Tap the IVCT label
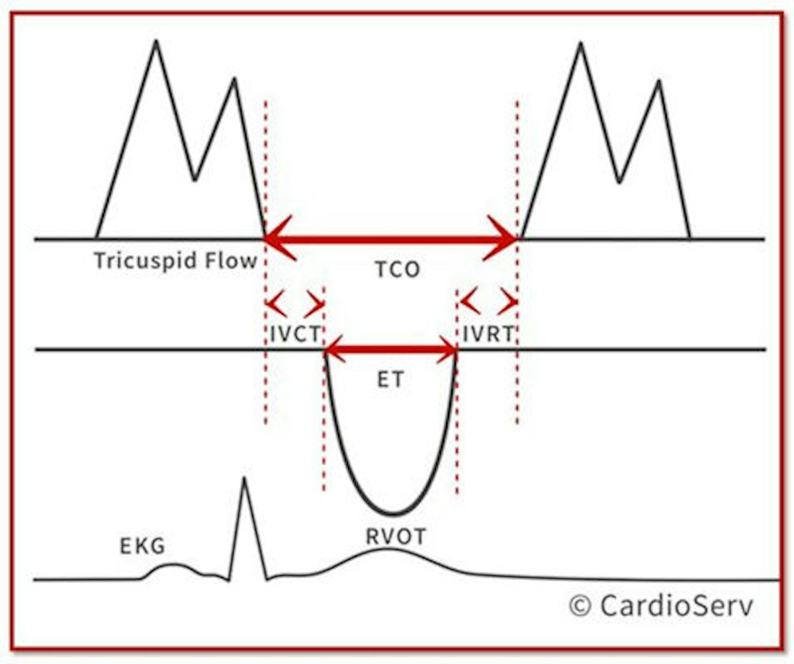[x=294, y=333]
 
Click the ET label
[x=390, y=380]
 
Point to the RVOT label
[x=396, y=537]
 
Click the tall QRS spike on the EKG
[x=244, y=479]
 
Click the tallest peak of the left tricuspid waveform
[x=156, y=42]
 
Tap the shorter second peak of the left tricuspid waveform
[x=234, y=79]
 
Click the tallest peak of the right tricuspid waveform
[x=580, y=44]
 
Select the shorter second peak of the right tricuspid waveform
[x=659, y=81]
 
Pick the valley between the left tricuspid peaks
[x=194, y=179]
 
